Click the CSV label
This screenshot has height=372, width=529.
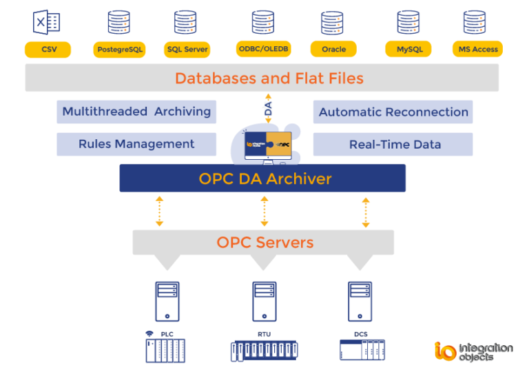click(48, 50)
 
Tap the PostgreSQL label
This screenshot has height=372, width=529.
click(119, 50)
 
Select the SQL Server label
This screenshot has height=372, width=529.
click(187, 50)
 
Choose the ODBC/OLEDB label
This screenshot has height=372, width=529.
click(262, 49)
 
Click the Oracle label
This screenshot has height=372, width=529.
click(333, 50)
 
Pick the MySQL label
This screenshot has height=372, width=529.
click(409, 50)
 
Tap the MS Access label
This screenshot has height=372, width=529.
click(477, 50)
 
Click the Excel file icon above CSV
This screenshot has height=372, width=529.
click(47, 22)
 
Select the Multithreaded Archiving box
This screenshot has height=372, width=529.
click(136, 112)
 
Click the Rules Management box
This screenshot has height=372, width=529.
click(136, 144)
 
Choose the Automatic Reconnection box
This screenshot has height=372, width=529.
click(393, 112)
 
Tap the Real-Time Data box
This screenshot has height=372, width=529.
click(393, 144)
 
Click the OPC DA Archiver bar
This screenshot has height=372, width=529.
click(262, 179)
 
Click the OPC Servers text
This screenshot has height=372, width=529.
click(264, 242)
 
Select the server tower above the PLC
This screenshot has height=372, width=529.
click(167, 302)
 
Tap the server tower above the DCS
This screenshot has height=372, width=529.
click(360, 302)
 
